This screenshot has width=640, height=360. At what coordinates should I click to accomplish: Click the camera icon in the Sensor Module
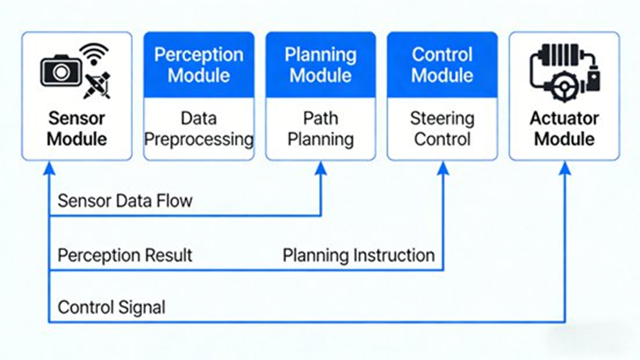[x=60, y=71]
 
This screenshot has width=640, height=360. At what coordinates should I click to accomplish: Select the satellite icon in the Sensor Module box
[x=97, y=85]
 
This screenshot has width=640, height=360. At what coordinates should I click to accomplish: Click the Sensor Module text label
[x=77, y=128]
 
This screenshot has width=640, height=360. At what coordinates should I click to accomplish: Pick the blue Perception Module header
[x=198, y=65]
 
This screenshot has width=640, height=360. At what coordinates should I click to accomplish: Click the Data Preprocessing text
[x=198, y=128]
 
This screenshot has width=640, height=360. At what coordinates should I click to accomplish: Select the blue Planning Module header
[x=320, y=65]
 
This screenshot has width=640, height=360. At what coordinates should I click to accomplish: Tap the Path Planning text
[x=320, y=128]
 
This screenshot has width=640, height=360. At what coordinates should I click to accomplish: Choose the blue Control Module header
[x=442, y=65]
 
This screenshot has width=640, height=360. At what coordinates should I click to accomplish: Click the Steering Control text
[x=442, y=128]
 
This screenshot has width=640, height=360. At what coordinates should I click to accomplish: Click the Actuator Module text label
[x=563, y=128]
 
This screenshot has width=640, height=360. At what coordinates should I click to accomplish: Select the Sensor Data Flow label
[x=125, y=201]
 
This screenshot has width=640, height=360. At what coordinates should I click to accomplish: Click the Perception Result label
[x=125, y=255]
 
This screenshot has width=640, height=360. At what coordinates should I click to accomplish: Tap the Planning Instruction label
[x=358, y=255]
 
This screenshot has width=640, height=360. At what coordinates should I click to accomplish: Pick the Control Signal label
[x=111, y=307]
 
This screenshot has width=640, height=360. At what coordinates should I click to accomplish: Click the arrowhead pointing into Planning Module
[x=321, y=168]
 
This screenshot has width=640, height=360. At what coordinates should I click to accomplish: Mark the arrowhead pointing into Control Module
[x=443, y=168]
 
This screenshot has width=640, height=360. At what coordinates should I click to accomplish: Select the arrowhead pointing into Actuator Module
[x=565, y=168]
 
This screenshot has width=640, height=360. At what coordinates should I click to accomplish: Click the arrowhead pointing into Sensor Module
[x=49, y=168]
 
